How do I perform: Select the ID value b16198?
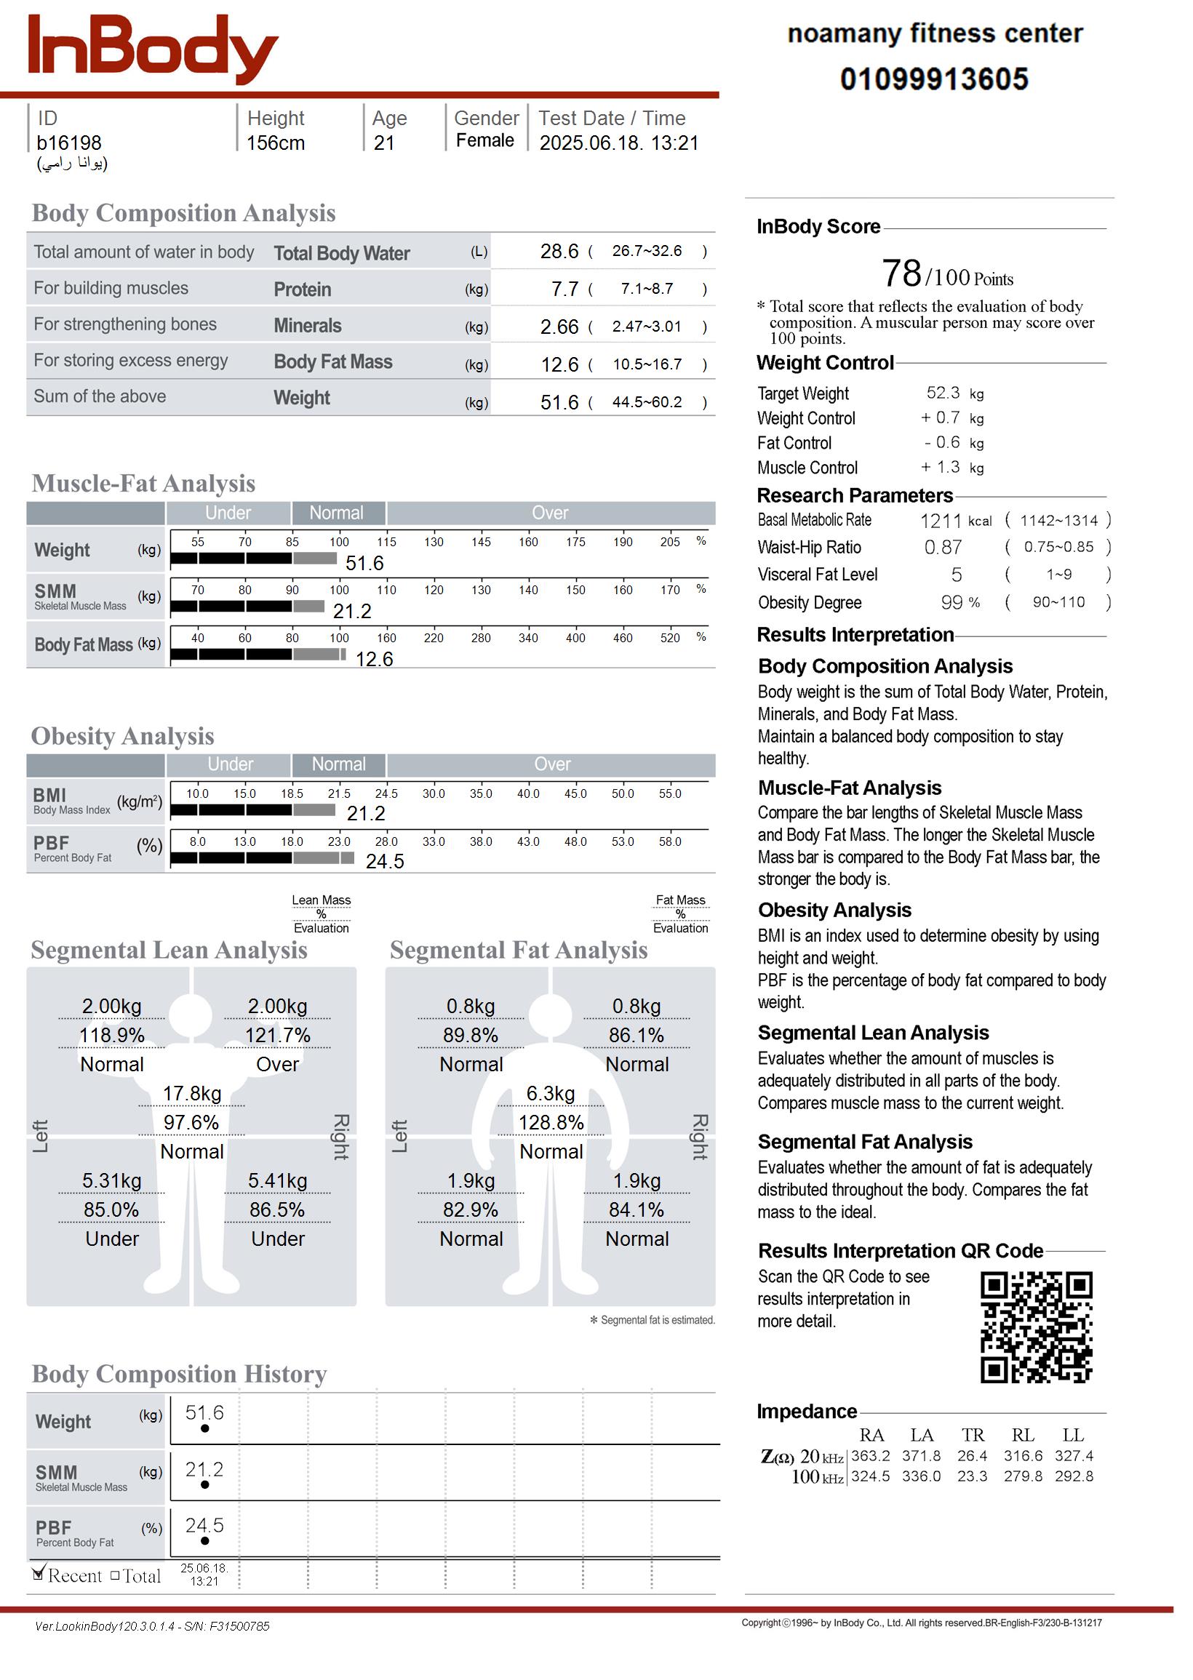tap(69, 143)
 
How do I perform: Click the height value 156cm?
tap(276, 143)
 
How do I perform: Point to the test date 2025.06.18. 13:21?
tap(618, 143)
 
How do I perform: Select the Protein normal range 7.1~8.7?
tap(647, 289)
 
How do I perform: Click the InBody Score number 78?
tap(901, 274)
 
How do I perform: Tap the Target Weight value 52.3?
tap(943, 393)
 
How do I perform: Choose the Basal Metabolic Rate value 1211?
tap(941, 521)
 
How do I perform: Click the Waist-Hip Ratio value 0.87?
tap(943, 547)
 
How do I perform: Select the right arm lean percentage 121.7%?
tap(277, 1036)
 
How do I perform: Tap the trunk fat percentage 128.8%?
tap(551, 1123)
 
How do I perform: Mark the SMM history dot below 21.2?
tap(205, 1484)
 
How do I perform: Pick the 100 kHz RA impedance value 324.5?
tap(871, 1476)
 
